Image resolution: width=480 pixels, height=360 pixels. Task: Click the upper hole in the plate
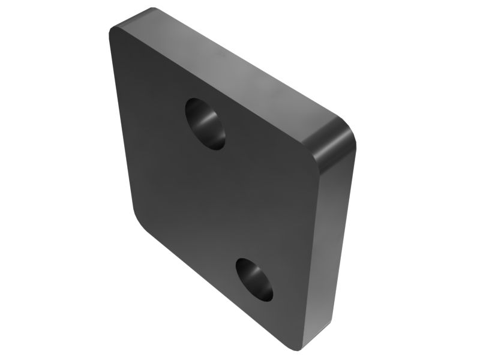click(205, 124)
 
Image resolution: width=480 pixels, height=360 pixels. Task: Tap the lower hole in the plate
click(254, 279)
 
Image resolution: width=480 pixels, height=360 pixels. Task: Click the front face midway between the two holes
click(228, 201)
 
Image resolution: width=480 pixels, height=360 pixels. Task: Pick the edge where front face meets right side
click(311, 252)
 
